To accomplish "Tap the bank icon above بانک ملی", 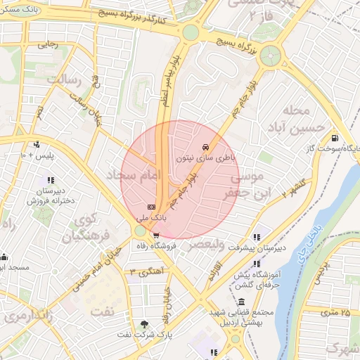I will pos(151,207).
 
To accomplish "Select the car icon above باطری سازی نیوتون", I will pos(205,147).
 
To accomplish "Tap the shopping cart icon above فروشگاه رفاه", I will pos(155,236).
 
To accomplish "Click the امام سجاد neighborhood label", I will pos(134,176).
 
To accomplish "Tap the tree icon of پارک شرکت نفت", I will pos(145,324).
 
